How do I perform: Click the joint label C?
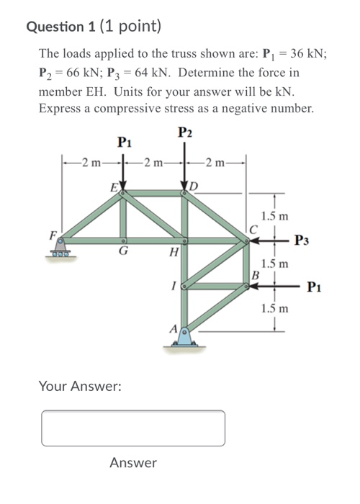click(252, 230)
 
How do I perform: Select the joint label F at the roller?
click(52, 234)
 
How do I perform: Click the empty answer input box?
click(133, 428)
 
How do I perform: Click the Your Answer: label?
click(80, 387)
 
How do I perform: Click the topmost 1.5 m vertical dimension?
click(275, 215)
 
